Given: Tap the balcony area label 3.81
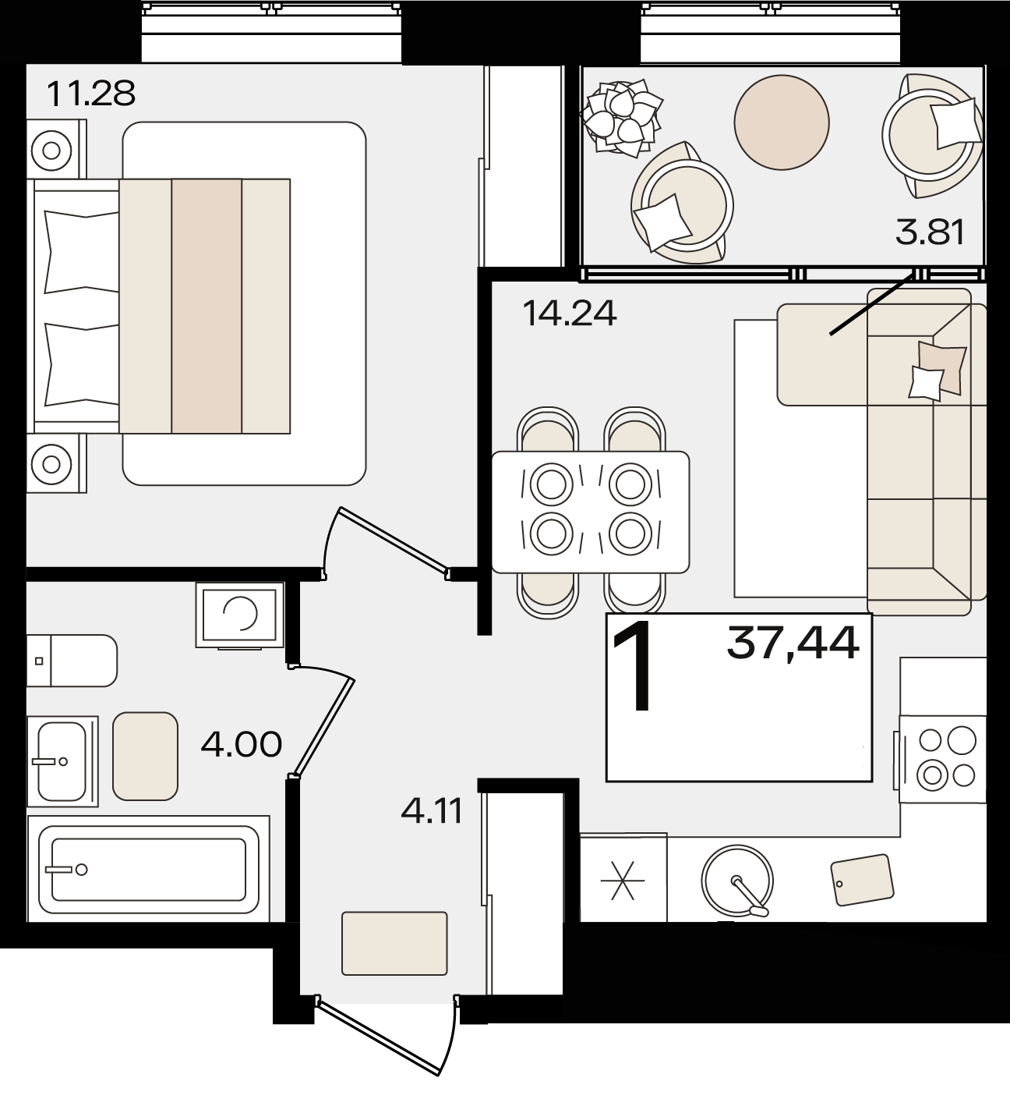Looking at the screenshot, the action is click(x=930, y=232).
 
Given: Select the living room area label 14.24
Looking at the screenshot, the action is click(x=570, y=314).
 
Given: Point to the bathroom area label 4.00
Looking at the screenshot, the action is click(x=242, y=744).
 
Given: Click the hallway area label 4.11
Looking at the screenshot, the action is click(x=432, y=811).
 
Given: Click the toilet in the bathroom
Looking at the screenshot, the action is click(x=72, y=661).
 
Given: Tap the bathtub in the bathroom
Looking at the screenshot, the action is click(x=148, y=869).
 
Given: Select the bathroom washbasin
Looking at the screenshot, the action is click(x=62, y=761).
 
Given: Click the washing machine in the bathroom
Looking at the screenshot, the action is click(x=240, y=615).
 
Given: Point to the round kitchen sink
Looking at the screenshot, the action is click(x=737, y=881).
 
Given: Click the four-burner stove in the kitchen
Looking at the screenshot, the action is click(x=942, y=760).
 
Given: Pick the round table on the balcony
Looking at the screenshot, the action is click(x=782, y=122).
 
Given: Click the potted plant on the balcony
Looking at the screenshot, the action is click(x=622, y=117).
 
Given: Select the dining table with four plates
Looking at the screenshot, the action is click(x=590, y=512).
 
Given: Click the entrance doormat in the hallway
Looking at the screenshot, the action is click(x=394, y=944).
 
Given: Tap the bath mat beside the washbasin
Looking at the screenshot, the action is click(x=146, y=756).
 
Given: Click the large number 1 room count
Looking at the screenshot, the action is click(x=633, y=666).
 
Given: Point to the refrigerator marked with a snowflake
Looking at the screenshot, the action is click(x=623, y=877).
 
